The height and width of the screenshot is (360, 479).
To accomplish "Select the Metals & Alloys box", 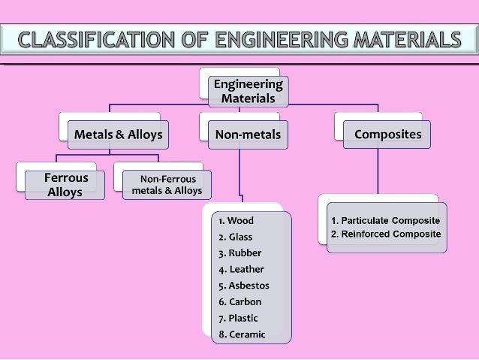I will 117,135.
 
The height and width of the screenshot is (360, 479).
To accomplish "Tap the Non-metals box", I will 248,135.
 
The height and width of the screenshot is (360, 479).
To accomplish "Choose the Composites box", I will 388,135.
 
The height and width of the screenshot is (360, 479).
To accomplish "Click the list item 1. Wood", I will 236,221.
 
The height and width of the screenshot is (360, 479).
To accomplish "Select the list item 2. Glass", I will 236,237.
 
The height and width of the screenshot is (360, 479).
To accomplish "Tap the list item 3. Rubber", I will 239,253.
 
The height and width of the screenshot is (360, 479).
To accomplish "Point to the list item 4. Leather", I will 241,269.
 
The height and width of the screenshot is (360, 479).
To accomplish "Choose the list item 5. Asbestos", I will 244,286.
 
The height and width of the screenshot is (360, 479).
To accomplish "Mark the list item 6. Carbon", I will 240,302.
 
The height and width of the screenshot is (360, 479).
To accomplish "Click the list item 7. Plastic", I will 239,318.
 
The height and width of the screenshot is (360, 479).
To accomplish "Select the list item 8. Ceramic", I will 242,334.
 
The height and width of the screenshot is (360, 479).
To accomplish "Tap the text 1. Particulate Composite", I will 386,220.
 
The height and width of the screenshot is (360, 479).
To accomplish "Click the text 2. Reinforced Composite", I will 386,234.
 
